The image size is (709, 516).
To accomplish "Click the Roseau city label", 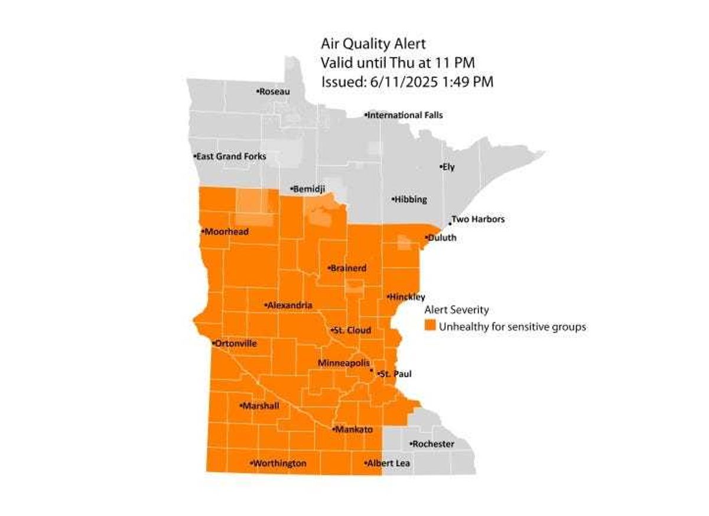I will click(x=275, y=92).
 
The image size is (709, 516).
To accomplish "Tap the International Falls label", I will click(x=405, y=115).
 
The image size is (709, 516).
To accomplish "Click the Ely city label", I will click(x=448, y=167).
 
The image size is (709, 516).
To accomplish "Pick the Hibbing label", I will click(x=410, y=200).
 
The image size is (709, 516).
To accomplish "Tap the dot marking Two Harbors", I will click(x=450, y=224).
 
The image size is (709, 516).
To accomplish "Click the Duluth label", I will click(x=442, y=238).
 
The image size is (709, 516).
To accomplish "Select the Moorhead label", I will click(x=226, y=232).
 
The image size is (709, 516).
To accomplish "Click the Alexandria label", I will click(x=290, y=306).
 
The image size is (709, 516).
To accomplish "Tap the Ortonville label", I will click(x=236, y=343).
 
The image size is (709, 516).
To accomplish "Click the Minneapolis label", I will click(x=344, y=363).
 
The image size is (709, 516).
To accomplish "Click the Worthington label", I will click(x=279, y=464).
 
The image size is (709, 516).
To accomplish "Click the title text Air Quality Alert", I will click(x=373, y=43).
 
